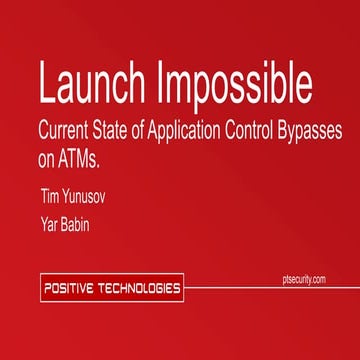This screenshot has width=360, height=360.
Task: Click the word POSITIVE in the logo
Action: (74, 289)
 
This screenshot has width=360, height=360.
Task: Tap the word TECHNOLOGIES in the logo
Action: (140, 289)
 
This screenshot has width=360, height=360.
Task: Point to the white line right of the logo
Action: (270, 289)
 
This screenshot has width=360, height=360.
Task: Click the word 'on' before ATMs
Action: (48, 157)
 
